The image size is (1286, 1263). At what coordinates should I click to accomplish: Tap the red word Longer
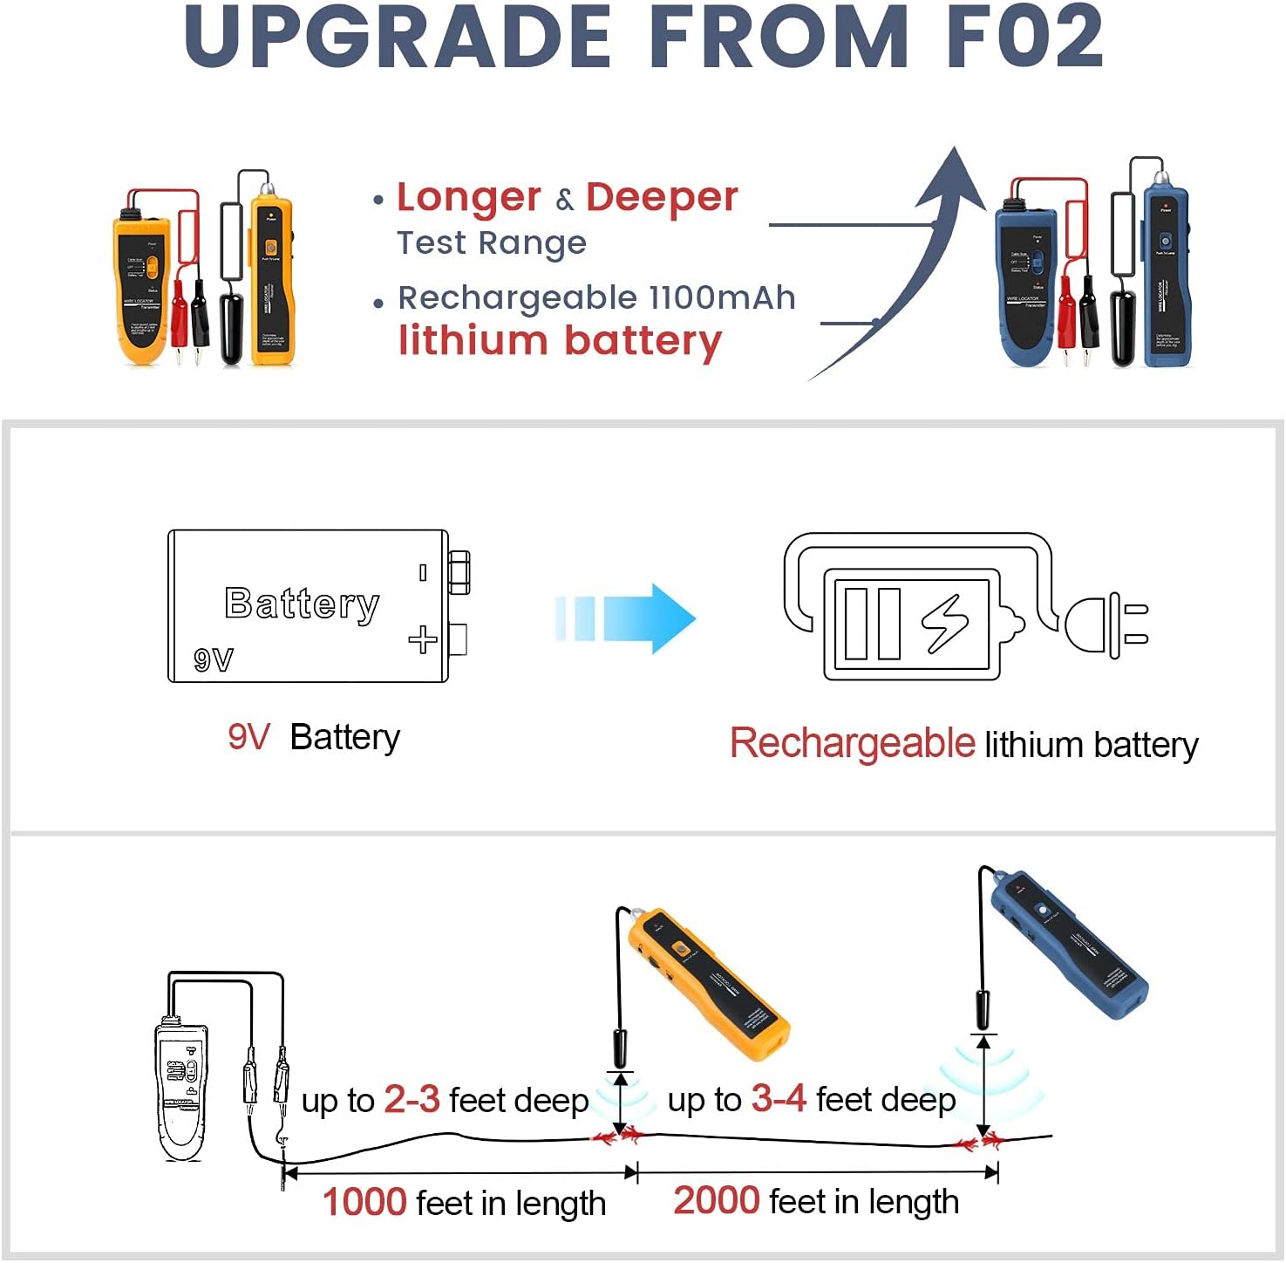(469, 198)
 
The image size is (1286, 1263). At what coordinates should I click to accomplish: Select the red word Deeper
(662, 198)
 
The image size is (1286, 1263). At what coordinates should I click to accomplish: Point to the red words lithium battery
(560, 341)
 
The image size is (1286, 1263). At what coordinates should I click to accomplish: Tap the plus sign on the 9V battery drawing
(423, 639)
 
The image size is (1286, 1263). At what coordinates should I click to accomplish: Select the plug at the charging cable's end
(1106, 625)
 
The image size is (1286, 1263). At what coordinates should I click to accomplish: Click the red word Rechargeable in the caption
(852, 744)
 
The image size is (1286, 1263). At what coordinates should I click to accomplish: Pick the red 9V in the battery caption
(248, 738)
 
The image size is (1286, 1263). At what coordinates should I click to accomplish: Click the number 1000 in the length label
(364, 1203)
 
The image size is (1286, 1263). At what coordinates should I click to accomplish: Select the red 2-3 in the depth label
(412, 1100)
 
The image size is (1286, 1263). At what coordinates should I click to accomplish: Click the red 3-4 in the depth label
(779, 1099)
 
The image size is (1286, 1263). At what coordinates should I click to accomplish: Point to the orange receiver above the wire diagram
(706, 982)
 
